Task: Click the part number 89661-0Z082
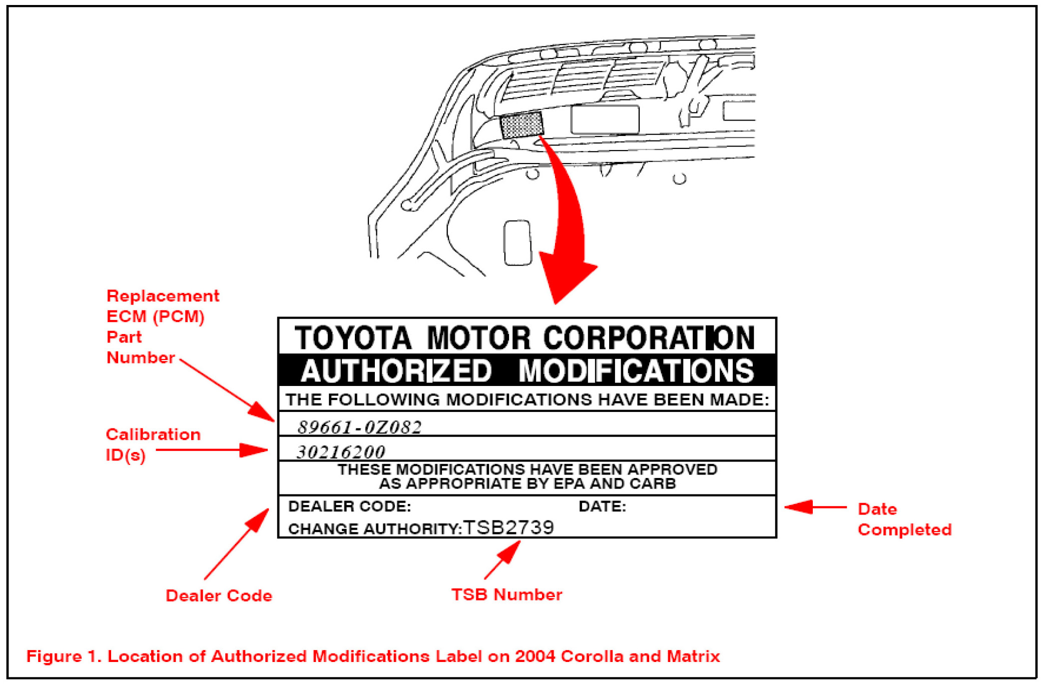tap(359, 427)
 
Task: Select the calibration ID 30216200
tap(341, 452)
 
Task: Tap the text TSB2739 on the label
tap(508, 527)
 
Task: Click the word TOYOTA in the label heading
tap(353, 338)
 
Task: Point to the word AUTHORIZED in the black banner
tap(396, 371)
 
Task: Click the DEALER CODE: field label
tap(349, 506)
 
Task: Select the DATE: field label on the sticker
tap(602, 506)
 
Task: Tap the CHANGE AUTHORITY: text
tap(374, 528)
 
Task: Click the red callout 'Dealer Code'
tap(219, 595)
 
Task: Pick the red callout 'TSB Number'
tap(506, 594)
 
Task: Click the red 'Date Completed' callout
tap(904, 519)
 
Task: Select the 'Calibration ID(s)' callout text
tap(153, 444)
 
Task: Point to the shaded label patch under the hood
tap(522, 125)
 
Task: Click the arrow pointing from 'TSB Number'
tap(502, 560)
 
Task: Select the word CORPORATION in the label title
tap(649, 338)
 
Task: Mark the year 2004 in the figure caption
tap(535, 656)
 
